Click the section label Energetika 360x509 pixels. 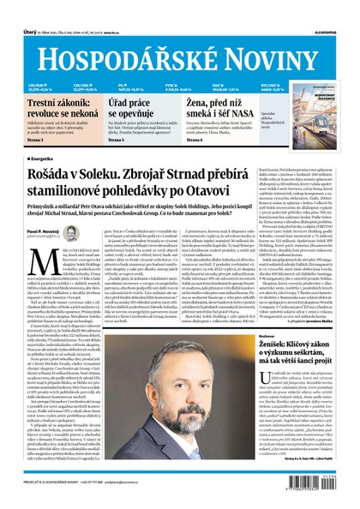click(x=42, y=159)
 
